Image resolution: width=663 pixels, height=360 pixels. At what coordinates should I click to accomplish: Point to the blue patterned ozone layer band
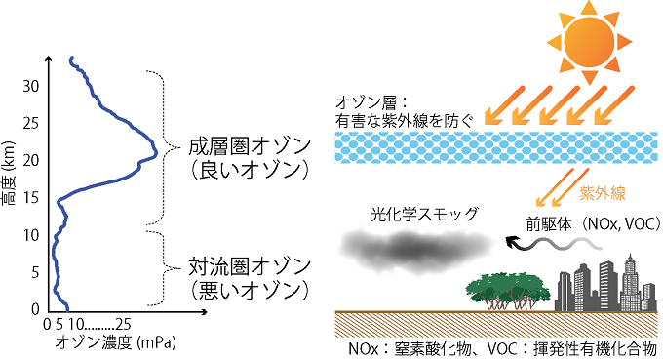point(487,149)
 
